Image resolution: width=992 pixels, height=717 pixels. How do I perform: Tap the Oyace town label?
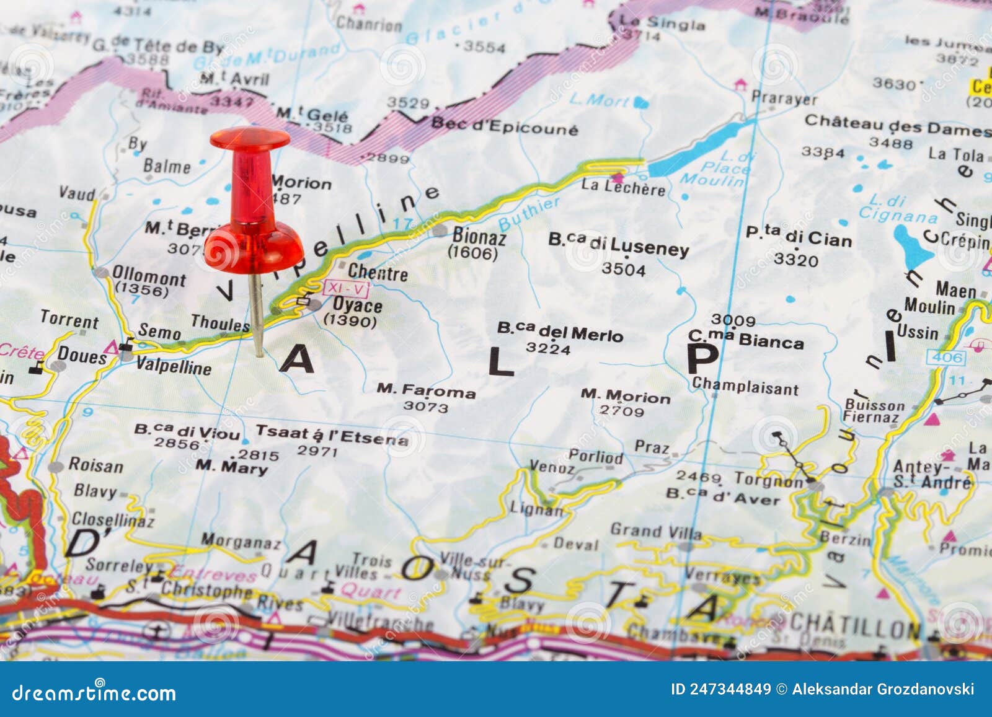(357, 305)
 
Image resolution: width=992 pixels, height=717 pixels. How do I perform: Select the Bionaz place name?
(479, 236)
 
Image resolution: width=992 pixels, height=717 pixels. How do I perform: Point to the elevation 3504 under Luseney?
(623, 270)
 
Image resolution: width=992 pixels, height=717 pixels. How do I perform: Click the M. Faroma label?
(426, 390)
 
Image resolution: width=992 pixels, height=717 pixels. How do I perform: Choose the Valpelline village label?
(174, 366)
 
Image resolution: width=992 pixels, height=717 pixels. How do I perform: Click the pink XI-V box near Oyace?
(346, 288)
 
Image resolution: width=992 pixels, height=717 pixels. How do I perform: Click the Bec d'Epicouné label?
(504, 126)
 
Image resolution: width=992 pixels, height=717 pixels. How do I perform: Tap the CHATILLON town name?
(855, 627)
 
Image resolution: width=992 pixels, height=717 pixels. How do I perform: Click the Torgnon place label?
(769, 480)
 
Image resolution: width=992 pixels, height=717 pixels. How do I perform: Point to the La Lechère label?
(623, 187)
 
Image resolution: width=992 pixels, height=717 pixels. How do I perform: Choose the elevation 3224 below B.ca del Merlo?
(548, 348)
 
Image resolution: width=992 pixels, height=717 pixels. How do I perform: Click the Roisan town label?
(95, 465)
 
